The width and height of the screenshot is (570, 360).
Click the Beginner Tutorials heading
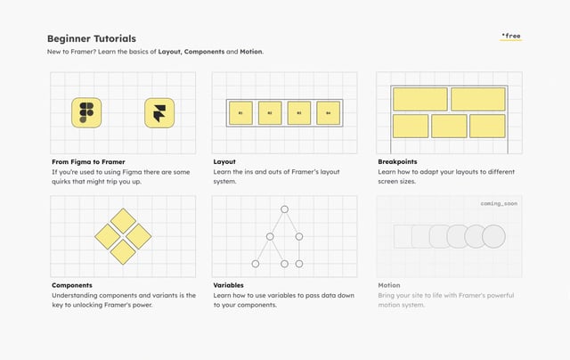point(92,38)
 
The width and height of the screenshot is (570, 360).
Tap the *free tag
point(511,37)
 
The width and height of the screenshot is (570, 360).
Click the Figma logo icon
point(86,112)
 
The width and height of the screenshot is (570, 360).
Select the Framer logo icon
point(159,112)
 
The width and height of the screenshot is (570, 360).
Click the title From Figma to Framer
point(88,161)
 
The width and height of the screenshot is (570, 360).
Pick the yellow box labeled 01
point(240,112)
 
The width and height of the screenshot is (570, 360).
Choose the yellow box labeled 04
point(328,112)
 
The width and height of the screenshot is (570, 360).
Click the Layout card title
point(224,161)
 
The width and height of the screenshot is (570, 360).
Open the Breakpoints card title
point(399,161)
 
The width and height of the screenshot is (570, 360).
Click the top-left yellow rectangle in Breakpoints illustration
point(420,98)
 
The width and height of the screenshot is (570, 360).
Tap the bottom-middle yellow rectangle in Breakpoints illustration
point(449,126)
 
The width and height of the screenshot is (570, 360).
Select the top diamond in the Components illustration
point(123,220)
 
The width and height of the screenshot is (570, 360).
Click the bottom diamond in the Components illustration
point(123,251)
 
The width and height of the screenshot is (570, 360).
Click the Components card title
point(73,285)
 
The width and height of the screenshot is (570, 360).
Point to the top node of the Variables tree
point(284,209)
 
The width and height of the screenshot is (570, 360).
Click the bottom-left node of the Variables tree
point(256,264)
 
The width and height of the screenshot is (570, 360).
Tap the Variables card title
point(229,285)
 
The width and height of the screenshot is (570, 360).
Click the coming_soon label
point(499,203)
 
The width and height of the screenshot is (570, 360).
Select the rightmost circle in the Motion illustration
point(493,236)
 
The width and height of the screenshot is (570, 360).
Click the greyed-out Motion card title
point(389,285)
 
